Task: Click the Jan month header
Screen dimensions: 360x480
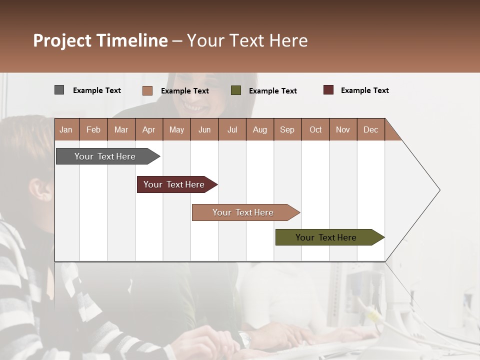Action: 66,129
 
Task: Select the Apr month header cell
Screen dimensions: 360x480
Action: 149,129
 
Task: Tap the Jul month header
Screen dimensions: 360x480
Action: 232,129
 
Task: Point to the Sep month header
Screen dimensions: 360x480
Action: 287,129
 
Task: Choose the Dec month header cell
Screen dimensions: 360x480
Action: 370,129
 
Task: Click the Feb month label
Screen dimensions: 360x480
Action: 93,129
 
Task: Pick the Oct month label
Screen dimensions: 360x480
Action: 315,129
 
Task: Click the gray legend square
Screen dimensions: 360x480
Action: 59,90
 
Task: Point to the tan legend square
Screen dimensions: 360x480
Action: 147,90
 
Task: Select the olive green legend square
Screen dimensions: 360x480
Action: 236,90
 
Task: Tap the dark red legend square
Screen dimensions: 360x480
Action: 328,90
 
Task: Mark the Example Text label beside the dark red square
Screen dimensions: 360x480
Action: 364,90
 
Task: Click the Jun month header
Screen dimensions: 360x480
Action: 204,129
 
